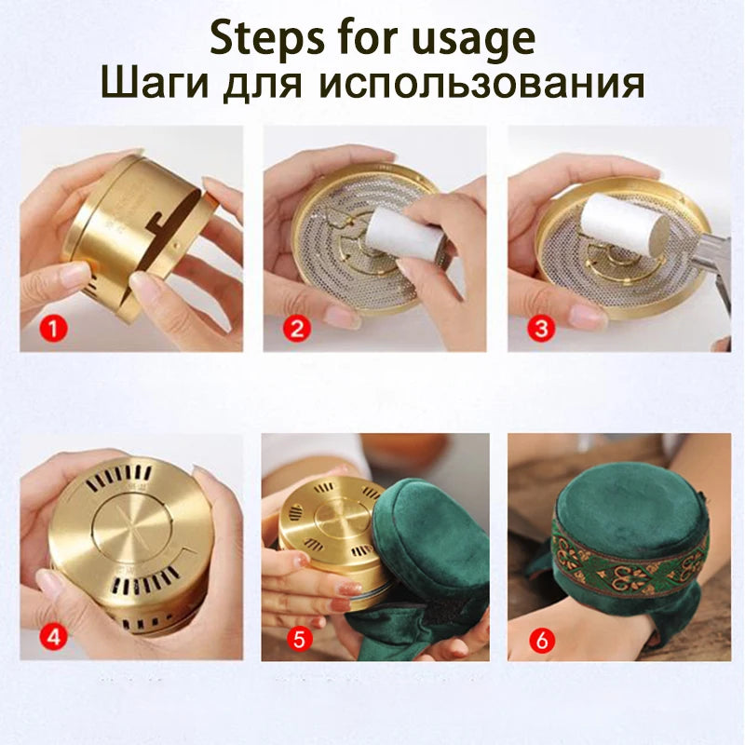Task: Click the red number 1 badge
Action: [57, 329]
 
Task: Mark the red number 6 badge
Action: [538, 641]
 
